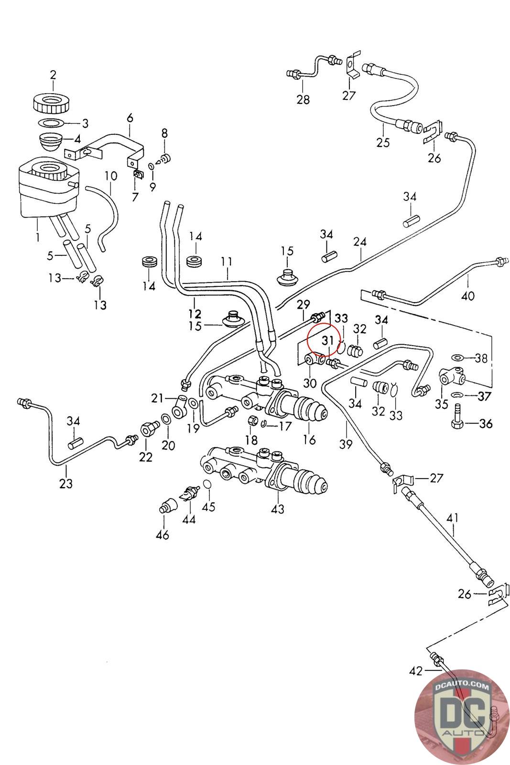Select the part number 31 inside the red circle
click(328, 340)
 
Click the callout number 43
click(278, 509)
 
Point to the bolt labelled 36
click(456, 416)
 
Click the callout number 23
click(66, 483)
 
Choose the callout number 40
click(467, 295)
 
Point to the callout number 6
click(130, 118)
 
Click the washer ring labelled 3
click(51, 122)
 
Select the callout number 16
click(309, 440)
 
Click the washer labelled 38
click(457, 358)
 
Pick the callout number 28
click(303, 99)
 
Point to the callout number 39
click(346, 444)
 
